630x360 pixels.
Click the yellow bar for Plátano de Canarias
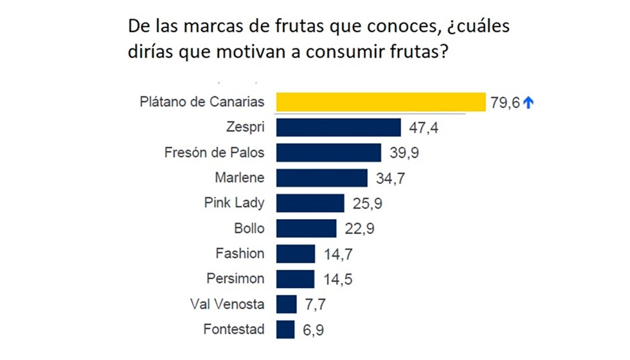[x=381, y=102]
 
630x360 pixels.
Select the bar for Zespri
[x=339, y=127]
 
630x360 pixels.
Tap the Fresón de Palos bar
[x=328, y=152]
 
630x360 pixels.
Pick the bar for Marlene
[x=321, y=177]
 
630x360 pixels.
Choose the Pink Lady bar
[x=310, y=203]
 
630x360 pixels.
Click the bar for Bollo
[x=306, y=228]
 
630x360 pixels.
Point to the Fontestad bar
[x=285, y=330]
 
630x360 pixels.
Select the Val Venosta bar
[x=287, y=304]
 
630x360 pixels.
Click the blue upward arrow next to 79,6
[x=528, y=103]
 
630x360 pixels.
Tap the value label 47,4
[x=424, y=128]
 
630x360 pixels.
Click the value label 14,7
[x=338, y=255]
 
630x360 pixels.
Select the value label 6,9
[x=314, y=330]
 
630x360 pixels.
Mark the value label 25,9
[x=367, y=204]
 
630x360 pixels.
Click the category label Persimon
[x=235, y=279]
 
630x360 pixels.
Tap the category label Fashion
[x=240, y=253]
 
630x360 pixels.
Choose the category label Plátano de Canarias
[x=202, y=102]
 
